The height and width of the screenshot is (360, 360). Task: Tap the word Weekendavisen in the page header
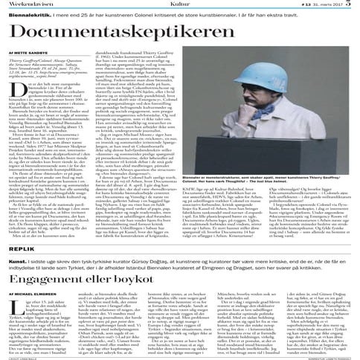28,4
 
